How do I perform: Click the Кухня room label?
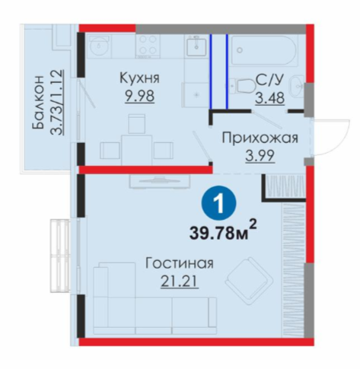click(139, 78)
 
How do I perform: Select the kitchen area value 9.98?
click(139, 96)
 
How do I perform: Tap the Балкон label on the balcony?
click(38, 102)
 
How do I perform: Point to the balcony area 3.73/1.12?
click(56, 102)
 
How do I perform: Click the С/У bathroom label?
click(269, 81)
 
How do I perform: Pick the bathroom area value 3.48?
click(269, 98)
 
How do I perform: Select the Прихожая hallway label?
click(260, 138)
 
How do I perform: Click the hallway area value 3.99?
click(260, 156)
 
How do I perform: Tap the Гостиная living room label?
click(180, 263)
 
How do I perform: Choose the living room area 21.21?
click(180, 281)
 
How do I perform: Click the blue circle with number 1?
click(218, 203)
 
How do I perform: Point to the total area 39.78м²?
click(223, 231)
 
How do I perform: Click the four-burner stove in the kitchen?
click(148, 45)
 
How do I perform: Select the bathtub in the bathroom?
click(264, 49)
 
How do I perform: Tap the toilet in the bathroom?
click(243, 85)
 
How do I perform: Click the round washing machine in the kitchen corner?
click(99, 46)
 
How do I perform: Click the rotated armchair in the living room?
click(250, 281)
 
